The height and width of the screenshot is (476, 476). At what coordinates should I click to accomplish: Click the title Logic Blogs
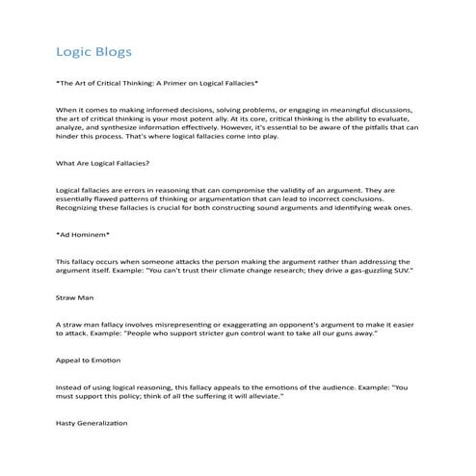pos(94,49)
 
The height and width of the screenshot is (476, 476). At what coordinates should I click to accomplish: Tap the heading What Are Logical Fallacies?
pos(103,163)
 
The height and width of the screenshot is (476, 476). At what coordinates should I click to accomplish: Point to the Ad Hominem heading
pos(83,233)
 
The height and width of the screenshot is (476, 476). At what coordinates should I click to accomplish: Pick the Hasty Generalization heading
pos(93,422)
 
